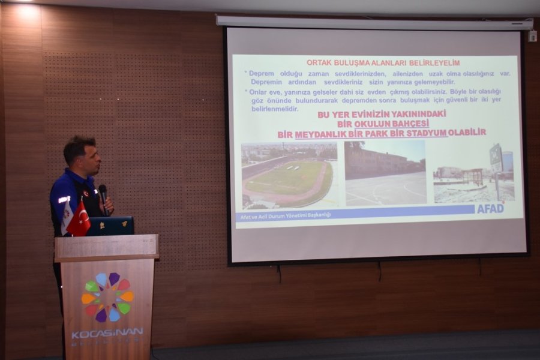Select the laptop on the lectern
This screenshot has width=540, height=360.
[111, 226]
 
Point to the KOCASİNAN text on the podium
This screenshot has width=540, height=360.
[107, 332]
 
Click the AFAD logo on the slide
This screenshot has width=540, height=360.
[491, 208]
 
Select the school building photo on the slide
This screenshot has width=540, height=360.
[385, 173]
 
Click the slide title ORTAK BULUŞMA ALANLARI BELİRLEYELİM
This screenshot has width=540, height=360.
[383, 62]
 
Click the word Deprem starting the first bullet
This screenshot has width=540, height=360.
[261, 74]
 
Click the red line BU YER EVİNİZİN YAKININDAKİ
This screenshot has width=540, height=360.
[382, 113]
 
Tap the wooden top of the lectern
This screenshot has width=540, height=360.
[107, 247]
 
